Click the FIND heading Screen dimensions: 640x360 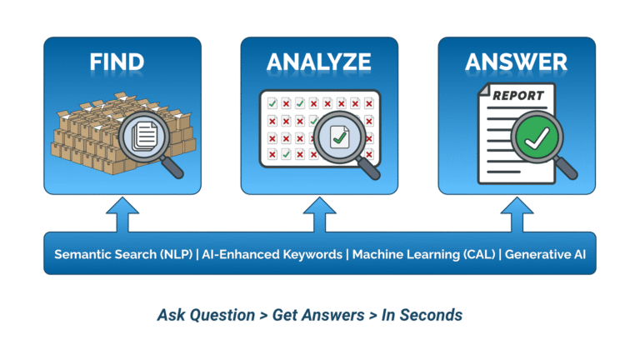click(x=117, y=62)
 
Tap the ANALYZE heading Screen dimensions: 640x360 click(x=319, y=62)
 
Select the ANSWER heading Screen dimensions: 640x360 click(x=516, y=62)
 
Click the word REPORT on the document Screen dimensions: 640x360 click(x=518, y=96)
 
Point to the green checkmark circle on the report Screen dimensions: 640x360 click(x=537, y=137)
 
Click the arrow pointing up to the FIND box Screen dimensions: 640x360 click(x=122, y=215)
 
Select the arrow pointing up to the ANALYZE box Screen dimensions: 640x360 click(x=320, y=215)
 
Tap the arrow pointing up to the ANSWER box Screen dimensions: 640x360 click(x=517, y=215)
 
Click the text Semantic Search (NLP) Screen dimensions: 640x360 click(x=123, y=254)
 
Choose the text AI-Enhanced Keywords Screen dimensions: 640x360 click(x=272, y=254)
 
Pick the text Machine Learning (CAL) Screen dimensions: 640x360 click(x=423, y=254)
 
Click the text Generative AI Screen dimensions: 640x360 click(x=545, y=254)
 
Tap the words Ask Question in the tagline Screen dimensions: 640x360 click(x=206, y=315)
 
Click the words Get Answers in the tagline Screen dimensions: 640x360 click(x=318, y=315)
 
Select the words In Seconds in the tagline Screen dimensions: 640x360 click(x=422, y=315)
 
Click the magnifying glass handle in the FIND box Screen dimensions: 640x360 click(x=172, y=167)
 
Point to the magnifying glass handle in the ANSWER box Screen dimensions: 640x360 click(x=566, y=167)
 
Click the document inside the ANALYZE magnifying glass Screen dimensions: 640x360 click(x=340, y=137)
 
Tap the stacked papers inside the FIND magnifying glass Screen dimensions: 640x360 click(x=144, y=136)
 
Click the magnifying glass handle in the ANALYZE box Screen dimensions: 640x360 click(x=369, y=167)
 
